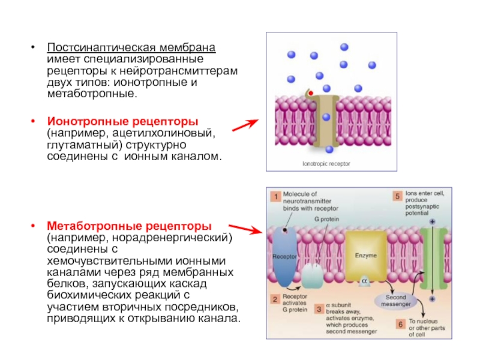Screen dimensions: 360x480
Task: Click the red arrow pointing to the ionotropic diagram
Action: coord(245,126)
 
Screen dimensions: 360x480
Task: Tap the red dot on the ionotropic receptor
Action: coord(310,94)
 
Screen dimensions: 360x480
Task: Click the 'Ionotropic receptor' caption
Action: coord(326,163)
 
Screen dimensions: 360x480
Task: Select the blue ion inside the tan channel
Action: coord(326,118)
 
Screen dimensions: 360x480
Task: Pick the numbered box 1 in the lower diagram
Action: coord(273,196)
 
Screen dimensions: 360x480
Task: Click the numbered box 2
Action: coord(273,298)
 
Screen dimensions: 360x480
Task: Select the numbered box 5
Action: coord(397,196)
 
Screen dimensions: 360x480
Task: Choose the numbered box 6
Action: coord(398,324)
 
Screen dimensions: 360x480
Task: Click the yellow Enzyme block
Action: coord(365,255)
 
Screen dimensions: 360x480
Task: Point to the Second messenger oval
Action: coord(395,301)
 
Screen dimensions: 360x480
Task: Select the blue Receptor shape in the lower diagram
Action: coord(284,255)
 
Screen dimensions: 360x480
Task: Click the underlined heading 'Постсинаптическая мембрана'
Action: coord(132,47)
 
